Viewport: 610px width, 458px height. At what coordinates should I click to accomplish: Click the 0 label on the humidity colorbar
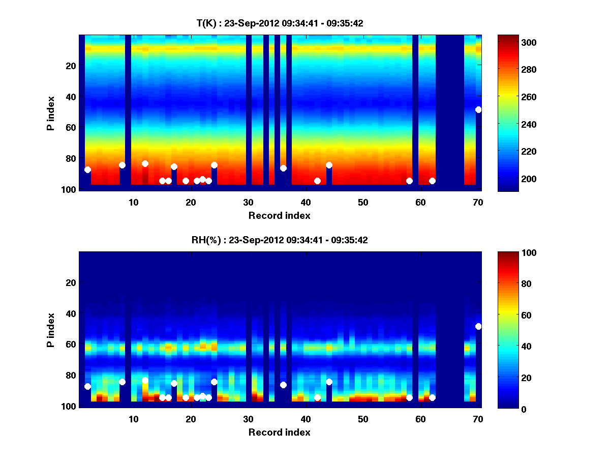point(507,409)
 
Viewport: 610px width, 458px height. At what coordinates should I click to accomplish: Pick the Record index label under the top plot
point(280,215)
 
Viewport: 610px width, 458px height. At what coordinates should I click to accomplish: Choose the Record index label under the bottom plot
point(280,432)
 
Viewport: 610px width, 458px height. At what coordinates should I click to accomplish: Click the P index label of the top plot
point(50,113)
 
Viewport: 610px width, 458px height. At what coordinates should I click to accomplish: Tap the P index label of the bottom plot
point(50,330)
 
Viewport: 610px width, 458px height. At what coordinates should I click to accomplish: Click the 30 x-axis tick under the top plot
point(248,202)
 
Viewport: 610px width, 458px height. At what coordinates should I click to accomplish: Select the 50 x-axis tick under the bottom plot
point(363,419)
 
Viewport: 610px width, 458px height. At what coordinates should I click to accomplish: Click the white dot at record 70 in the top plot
point(478,109)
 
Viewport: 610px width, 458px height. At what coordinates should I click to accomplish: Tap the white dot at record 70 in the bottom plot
point(478,326)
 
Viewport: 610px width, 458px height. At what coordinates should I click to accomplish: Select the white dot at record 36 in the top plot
point(283,168)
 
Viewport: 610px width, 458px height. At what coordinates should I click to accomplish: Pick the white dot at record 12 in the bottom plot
point(145,380)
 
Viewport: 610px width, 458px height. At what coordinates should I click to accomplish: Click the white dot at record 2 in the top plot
point(87,169)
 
